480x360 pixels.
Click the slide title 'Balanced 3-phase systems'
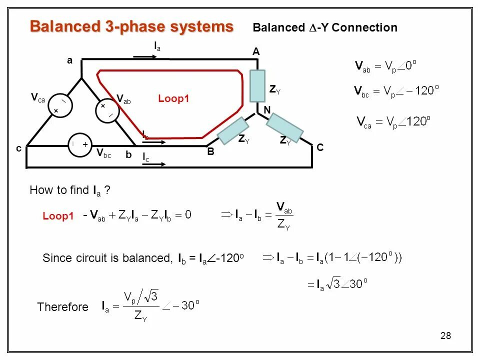pyautogui.click(x=131, y=26)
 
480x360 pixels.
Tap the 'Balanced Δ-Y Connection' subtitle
pyautogui.click(x=325, y=28)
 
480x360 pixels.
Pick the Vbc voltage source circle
pyautogui.click(x=79, y=144)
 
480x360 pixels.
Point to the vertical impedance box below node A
pyautogui.click(x=257, y=86)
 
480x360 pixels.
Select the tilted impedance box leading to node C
pyautogui.click(x=284, y=127)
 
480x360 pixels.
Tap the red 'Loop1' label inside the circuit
pyautogui.click(x=173, y=99)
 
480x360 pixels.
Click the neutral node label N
pyautogui.click(x=267, y=110)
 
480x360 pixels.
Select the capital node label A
pyautogui.click(x=256, y=52)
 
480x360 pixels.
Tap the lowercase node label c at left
pyautogui.click(x=18, y=148)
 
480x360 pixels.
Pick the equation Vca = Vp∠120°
pyautogui.click(x=392, y=121)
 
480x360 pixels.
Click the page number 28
pyautogui.click(x=445, y=335)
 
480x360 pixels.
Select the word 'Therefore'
pyautogui.click(x=62, y=307)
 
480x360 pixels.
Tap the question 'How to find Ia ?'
pyautogui.click(x=69, y=190)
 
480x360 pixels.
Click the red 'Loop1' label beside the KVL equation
pyautogui.click(x=58, y=216)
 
